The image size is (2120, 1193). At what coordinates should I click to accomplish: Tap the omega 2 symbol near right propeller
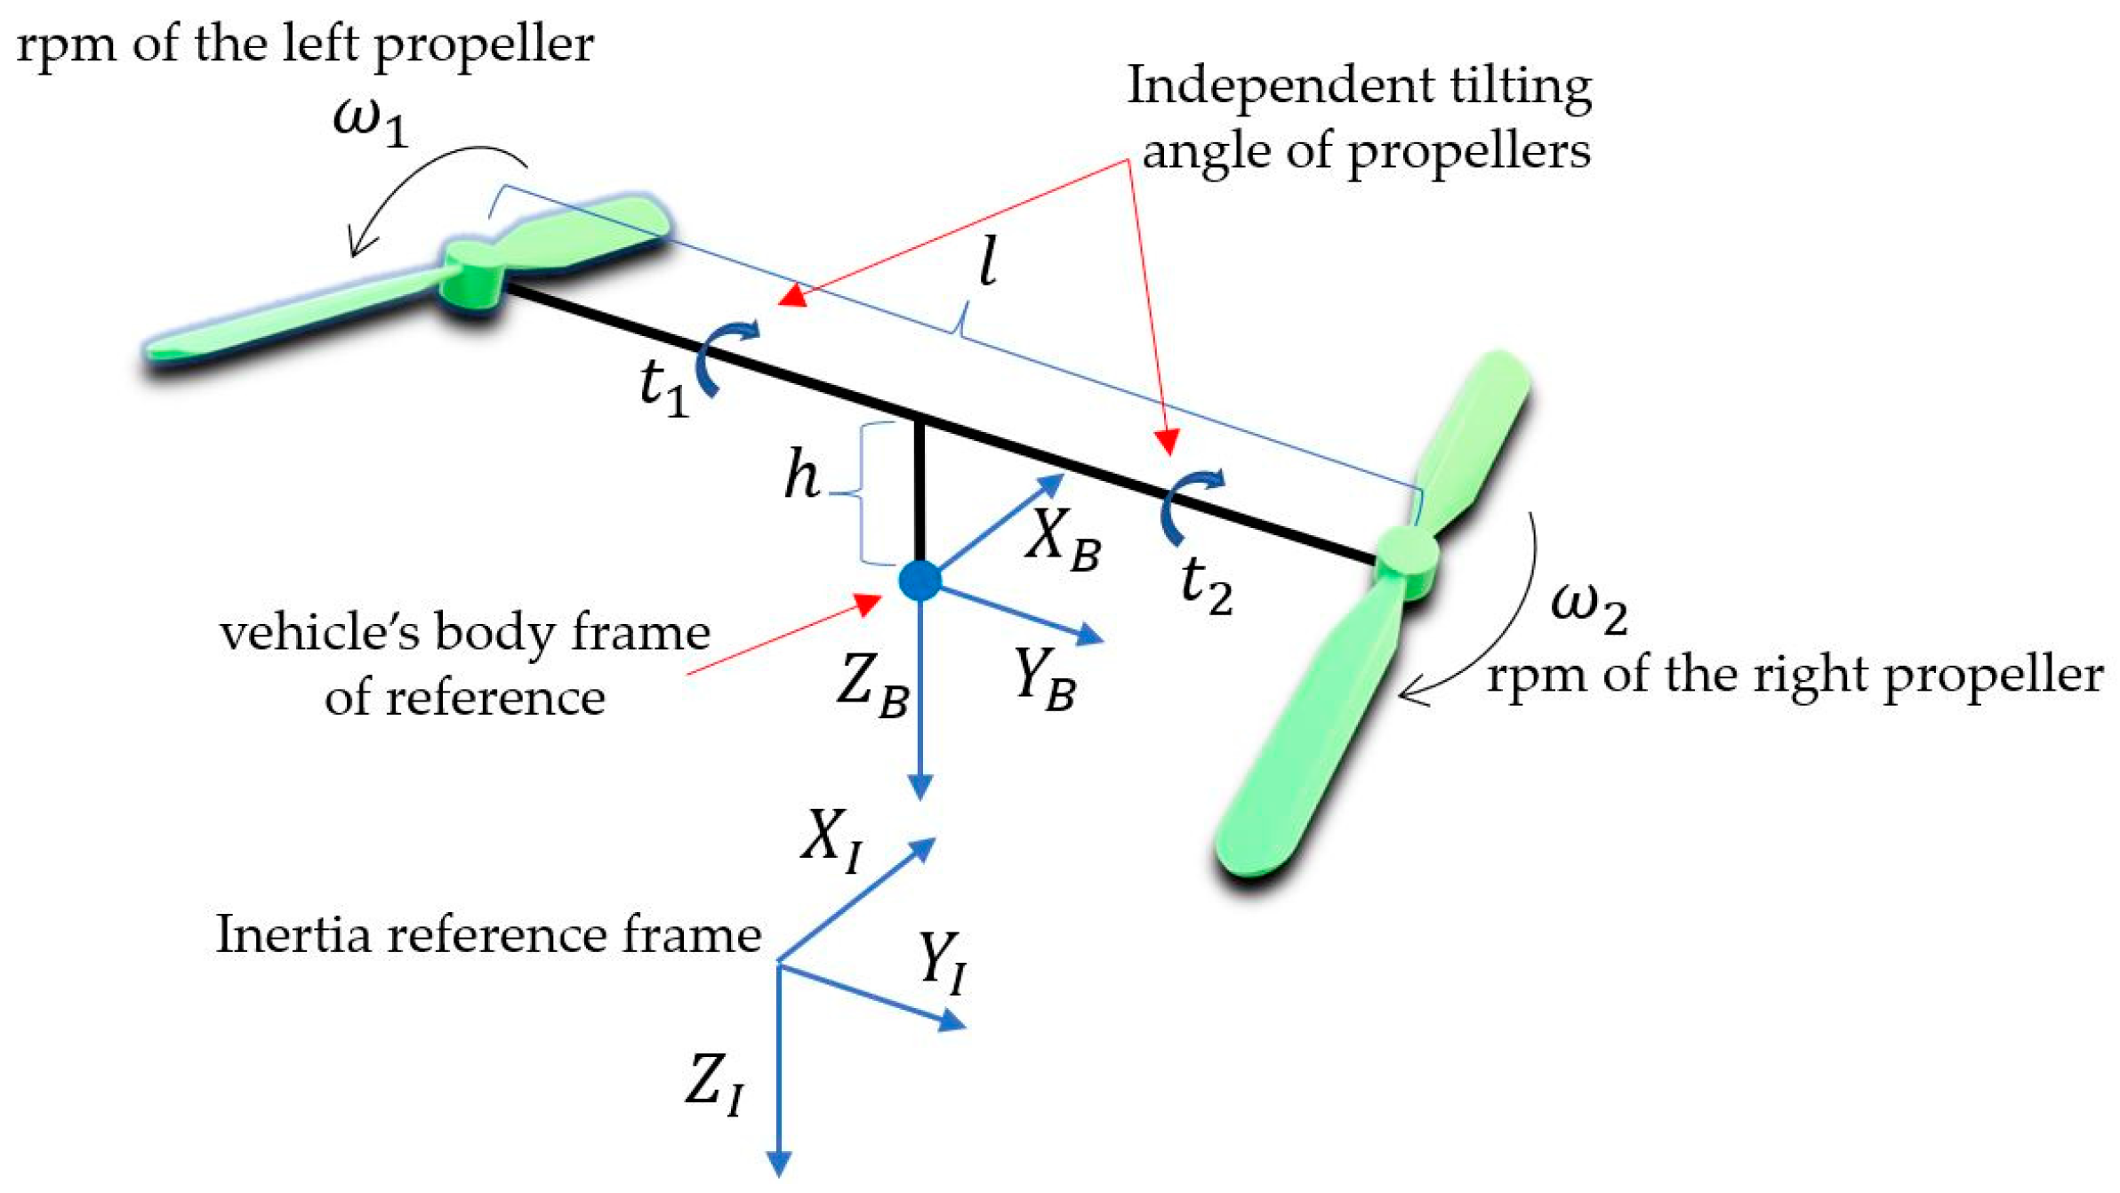click(1587, 610)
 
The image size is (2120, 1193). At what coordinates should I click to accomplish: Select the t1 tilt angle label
click(663, 388)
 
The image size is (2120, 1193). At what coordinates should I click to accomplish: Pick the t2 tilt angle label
click(1206, 586)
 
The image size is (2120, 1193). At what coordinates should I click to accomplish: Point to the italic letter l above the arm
click(987, 263)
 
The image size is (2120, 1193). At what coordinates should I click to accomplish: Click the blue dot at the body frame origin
click(919, 580)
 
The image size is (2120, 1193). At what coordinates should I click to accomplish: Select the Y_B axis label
click(1044, 680)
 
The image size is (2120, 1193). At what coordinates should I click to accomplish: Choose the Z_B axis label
click(871, 686)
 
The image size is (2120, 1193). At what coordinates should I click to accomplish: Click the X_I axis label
click(831, 840)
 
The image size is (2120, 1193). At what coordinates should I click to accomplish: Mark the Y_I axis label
click(942, 964)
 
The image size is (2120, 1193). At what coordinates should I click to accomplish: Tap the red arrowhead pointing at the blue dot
click(867, 605)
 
